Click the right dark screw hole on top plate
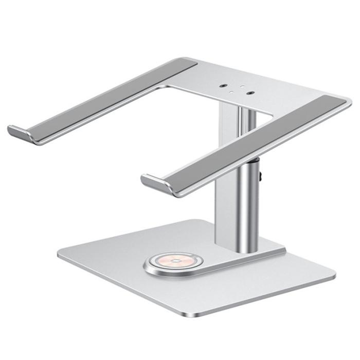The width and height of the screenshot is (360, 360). (x=250, y=93)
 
